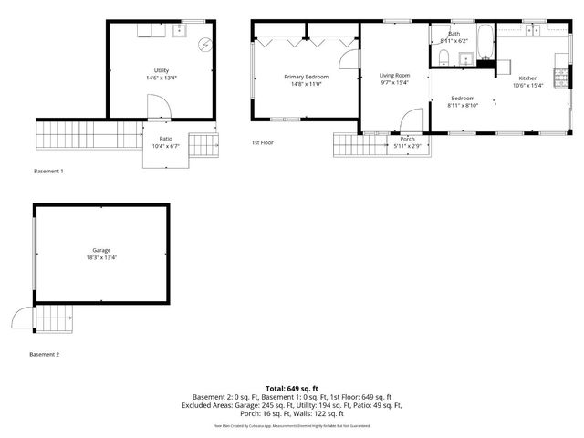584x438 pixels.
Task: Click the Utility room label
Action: pyautogui.click(x=161, y=70)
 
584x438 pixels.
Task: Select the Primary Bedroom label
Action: pyautogui.click(x=306, y=77)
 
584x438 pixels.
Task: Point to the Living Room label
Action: pyautogui.click(x=394, y=75)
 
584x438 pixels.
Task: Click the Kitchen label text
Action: pyautogui.click(x=528, y=78)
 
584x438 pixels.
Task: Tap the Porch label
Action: pyautogui.click(x=407, y=139)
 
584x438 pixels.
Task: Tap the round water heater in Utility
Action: pyautogui.click(x=205, y=44)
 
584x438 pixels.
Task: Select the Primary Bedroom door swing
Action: pyautogui.click(x=349, y=58)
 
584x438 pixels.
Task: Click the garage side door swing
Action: pyautogui.click(x=20, y=318)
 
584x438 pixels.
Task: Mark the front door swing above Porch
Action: pyautogui.click(x=411, y=120)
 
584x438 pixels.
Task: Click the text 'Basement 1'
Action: pyautogui.click(x=48, y=172)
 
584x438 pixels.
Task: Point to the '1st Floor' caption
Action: pyautogui.click(x=263, y=142)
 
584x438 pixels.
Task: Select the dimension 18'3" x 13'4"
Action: pyautogui.click(x=100, y=257)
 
